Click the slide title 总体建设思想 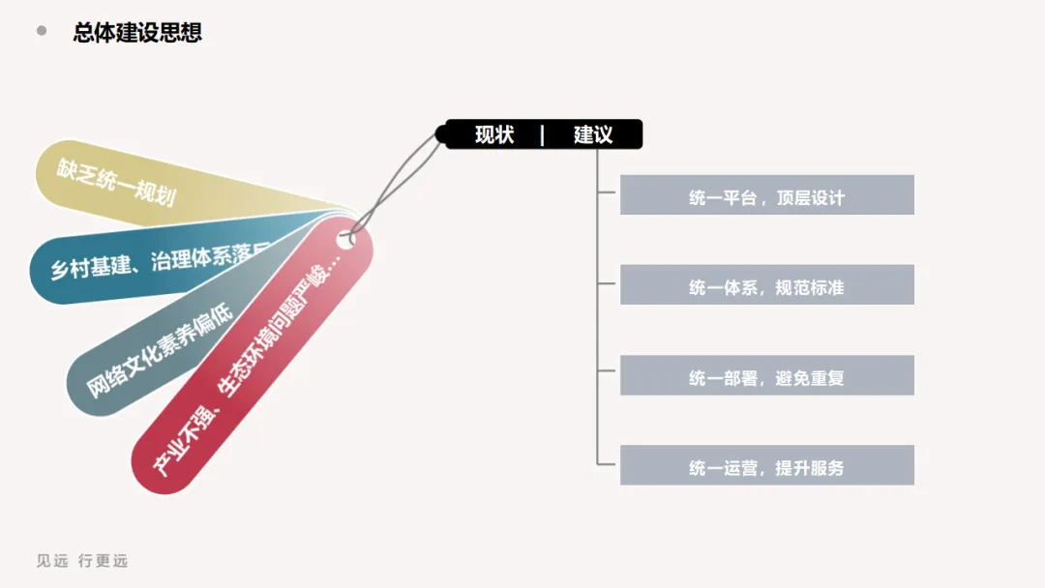[137, 32]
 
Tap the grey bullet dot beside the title [42, 31]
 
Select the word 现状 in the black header [493, 134]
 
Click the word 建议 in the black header [592, 134]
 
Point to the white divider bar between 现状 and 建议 [542, 134]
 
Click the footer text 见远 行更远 [82, 561]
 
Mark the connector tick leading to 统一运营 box [608, 465]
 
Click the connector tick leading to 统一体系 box [608, 283]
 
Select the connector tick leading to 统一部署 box [608, 374]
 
